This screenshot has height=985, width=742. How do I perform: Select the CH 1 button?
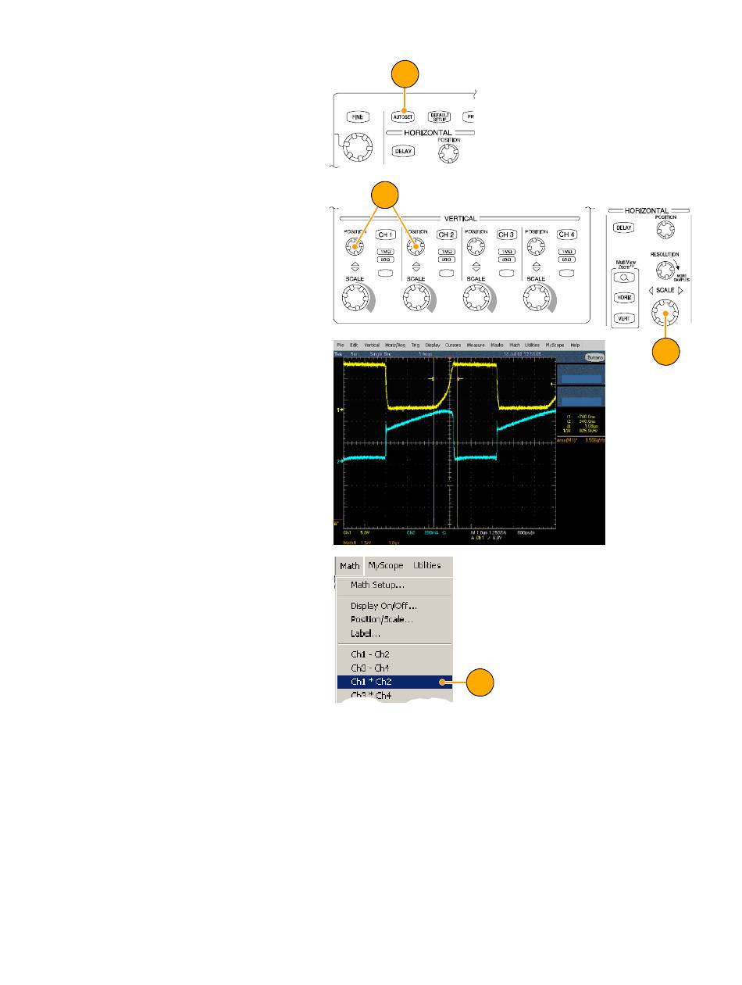click(386, 235)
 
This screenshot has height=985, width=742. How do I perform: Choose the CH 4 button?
click(566, 235)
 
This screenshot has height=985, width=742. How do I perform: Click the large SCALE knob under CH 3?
click(475, 298)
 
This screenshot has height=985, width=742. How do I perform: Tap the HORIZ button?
click(624, 298)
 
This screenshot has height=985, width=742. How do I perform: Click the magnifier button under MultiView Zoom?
click(624, 278)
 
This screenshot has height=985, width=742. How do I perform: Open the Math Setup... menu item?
click(377, 585)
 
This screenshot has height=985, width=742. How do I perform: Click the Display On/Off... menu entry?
click(383, 606)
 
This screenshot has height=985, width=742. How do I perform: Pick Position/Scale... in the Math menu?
click(382, 619)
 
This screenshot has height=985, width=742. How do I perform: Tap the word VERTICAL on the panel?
click(460, 219)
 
